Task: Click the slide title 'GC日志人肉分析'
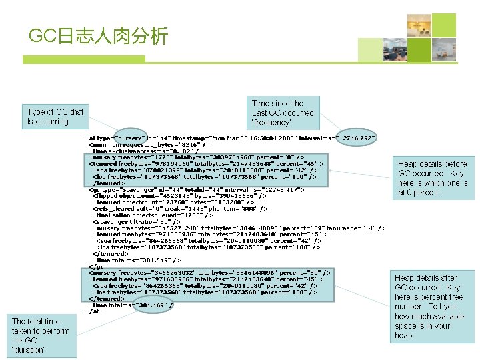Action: pos(99,35)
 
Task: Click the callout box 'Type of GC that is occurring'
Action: pos(56,116)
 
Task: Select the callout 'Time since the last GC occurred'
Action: pos(283,113)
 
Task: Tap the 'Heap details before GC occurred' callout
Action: pos(431,177)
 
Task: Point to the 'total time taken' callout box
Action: pos(41,335)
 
